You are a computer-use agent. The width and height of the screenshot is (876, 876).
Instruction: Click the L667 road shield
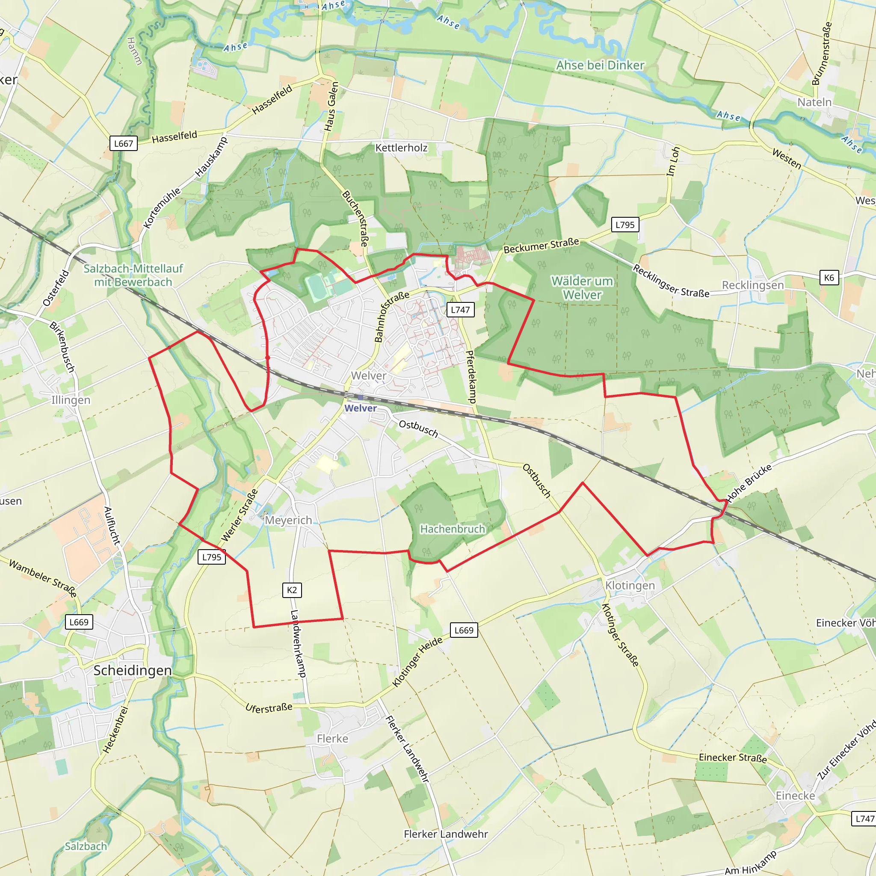tap(123, 144)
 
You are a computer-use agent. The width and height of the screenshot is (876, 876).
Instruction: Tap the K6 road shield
tap(829, 278)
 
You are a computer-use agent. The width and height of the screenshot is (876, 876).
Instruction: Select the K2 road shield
tap(292, 590)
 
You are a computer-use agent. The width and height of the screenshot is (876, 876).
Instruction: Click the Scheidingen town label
tap(133, 671)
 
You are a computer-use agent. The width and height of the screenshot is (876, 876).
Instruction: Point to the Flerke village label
tap(332, 739)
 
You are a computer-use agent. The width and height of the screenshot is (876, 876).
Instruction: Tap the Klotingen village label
tap(630, 586)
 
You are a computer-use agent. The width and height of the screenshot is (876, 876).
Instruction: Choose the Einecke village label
tap(795, 796)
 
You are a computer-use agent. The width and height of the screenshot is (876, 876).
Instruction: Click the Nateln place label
tap(814, 103)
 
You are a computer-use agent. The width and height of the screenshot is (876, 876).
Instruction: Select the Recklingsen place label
tap(753, 285)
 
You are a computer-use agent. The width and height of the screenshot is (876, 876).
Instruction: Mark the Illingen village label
tap(71, 400)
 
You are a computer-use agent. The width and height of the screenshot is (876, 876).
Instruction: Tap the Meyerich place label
tap(288, 520)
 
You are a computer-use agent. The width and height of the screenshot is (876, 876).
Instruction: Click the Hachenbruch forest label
tap(453, 529)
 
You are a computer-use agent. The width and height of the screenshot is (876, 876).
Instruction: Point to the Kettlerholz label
tap(401, 148)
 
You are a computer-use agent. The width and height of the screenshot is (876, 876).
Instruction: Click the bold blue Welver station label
tap(361, 408)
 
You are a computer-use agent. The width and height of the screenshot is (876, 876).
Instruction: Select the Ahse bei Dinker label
tap(600, 65)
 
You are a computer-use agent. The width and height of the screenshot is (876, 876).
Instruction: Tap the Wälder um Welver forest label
tap(582, 288)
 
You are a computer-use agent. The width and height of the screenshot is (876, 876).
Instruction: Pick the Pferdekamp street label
tap(471, 377)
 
